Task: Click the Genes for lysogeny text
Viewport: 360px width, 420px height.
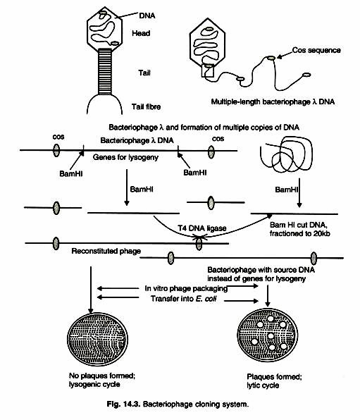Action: [x=133, y=159]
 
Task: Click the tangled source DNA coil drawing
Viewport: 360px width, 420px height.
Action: [x=285, y=161]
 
